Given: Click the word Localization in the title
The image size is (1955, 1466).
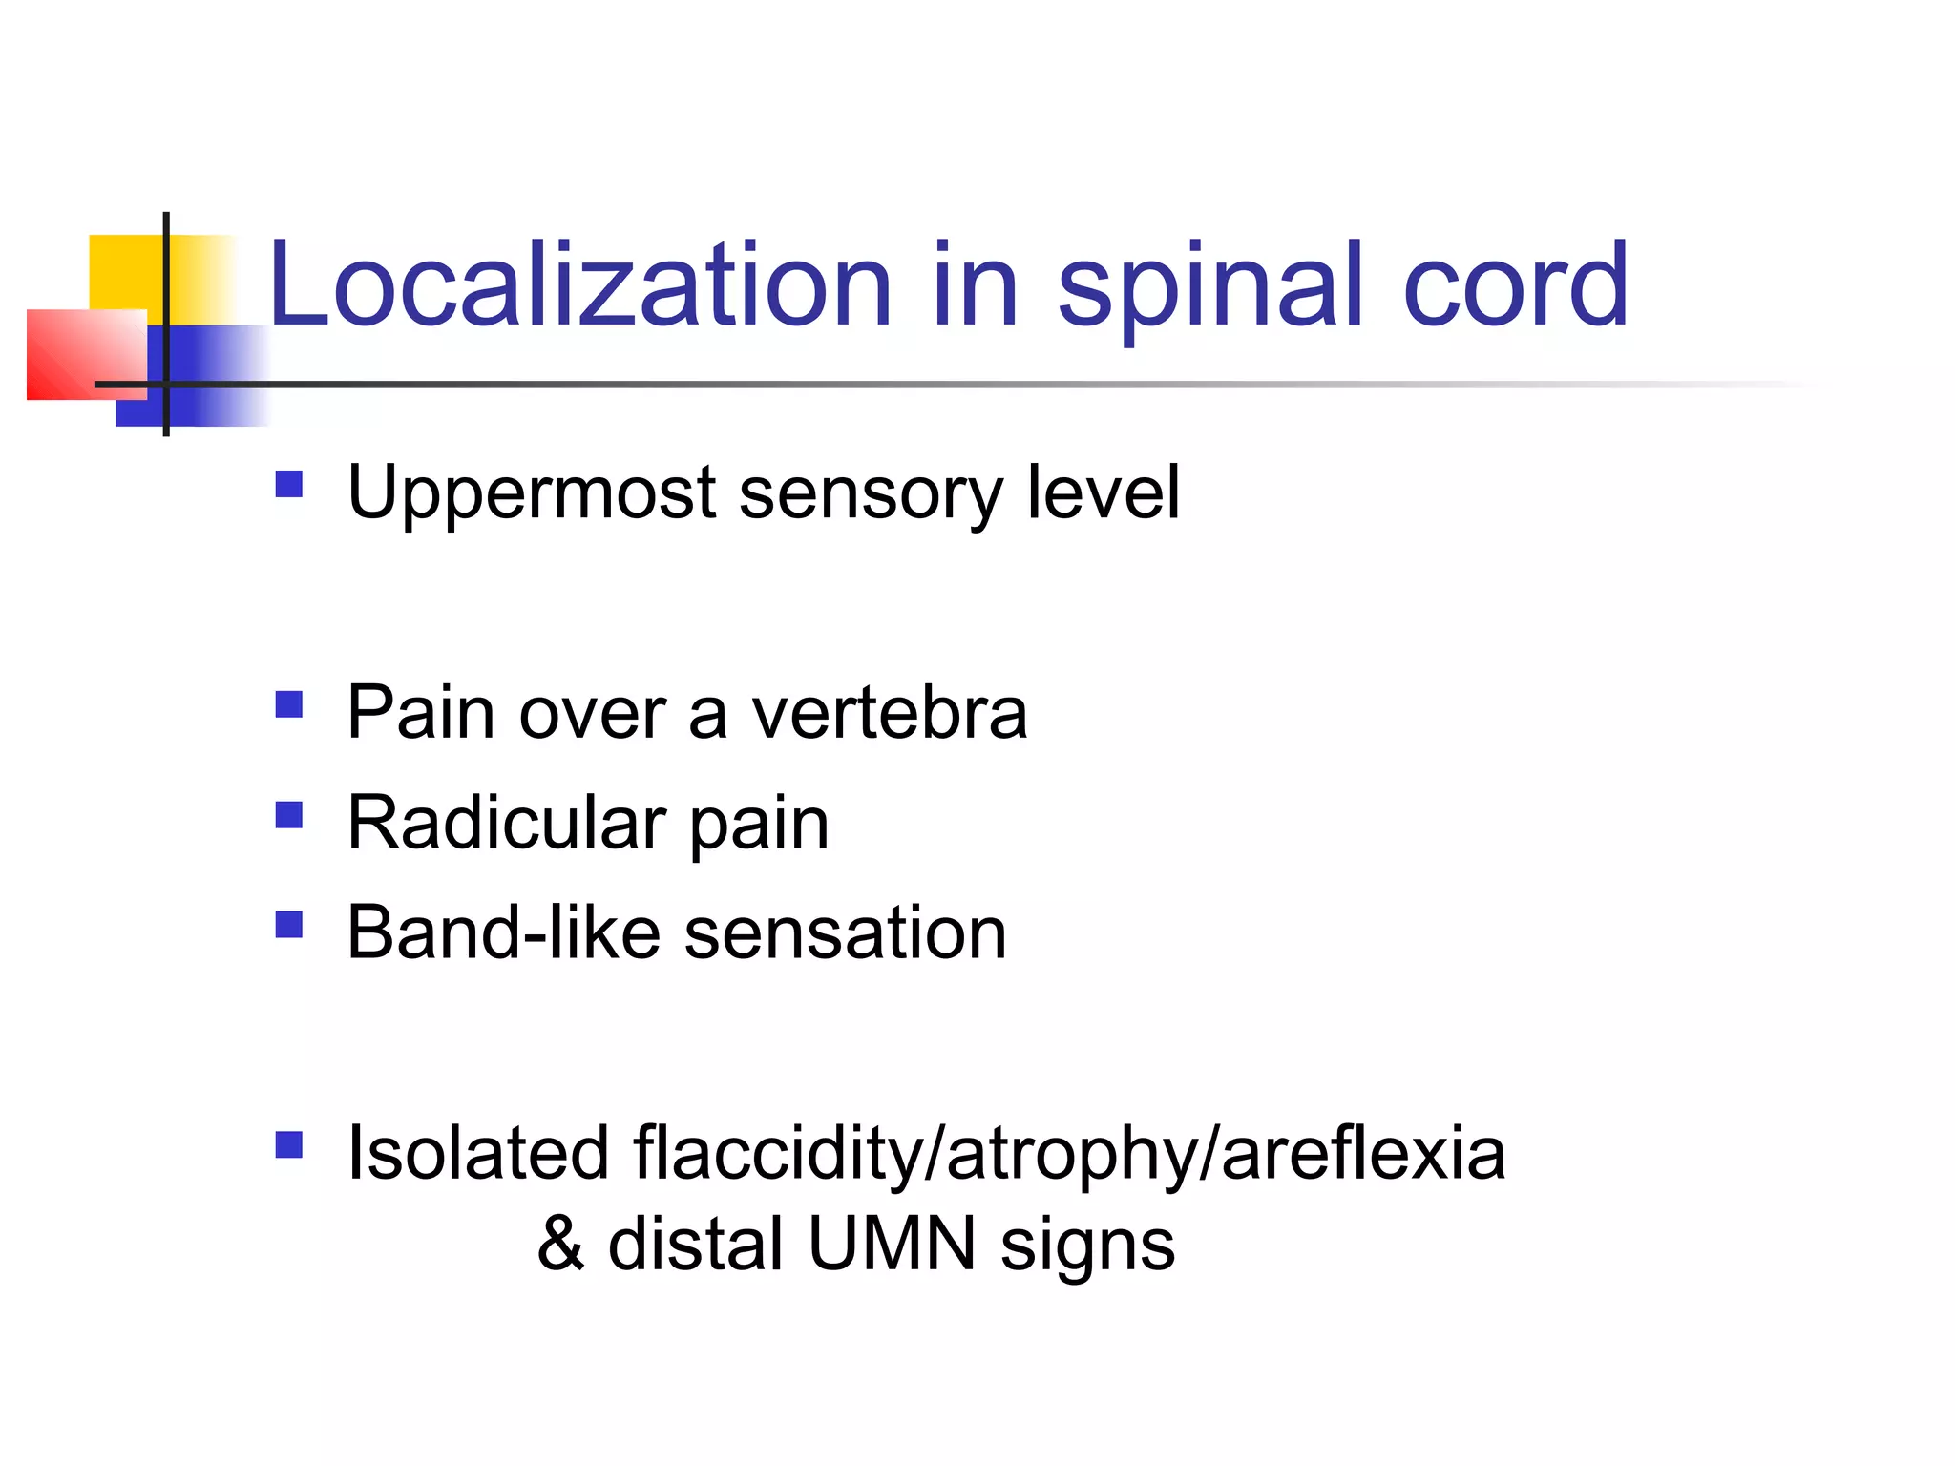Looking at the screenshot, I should [579, 285].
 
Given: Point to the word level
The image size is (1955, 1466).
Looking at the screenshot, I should [1104, 492].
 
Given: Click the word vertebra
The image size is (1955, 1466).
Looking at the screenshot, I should [890, 713].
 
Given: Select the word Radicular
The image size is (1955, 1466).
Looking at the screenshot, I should [506, 823].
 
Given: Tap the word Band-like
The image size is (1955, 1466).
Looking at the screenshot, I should [503, 933].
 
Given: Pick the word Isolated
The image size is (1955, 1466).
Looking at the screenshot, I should [477, 1154].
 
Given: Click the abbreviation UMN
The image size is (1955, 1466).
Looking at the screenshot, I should [892, 1245].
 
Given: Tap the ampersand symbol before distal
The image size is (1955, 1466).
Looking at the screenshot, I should [560, 1245].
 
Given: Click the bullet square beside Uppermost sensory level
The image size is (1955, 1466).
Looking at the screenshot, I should [288, 484].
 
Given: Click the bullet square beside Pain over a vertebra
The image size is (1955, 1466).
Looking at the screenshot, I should [288, 704].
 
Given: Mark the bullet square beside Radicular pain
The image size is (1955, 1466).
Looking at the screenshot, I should [288, 814].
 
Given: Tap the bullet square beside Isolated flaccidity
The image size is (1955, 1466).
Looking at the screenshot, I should [288, 1144].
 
